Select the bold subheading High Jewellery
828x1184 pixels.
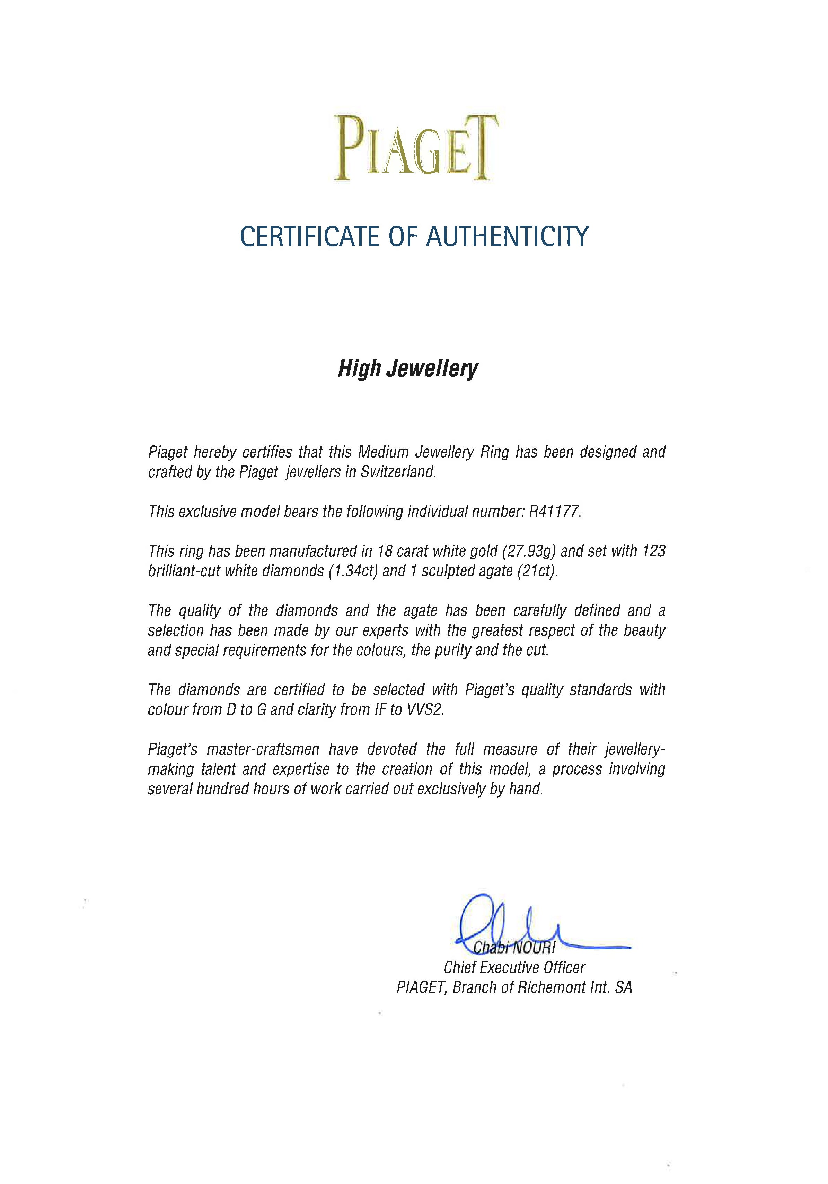(x=408, y=369)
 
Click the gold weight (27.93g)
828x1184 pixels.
(x=528, y=551)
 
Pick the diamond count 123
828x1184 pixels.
(x=654, y=551)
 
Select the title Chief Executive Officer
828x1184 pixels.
(x=514, y=967)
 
